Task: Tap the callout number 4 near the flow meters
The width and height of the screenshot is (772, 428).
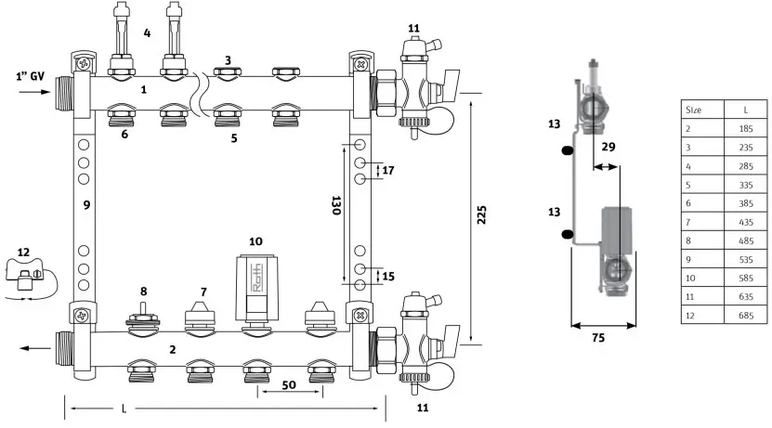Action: pos(146,33)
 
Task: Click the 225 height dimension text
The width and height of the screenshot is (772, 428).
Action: pos(481,217)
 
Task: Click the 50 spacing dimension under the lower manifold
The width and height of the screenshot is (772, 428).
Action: pos(289,383)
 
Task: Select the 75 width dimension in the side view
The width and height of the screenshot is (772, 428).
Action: pos(597,339)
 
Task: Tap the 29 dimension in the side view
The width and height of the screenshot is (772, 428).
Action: pos(608,147)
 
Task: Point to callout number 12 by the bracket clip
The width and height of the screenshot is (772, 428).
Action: pos(23,253)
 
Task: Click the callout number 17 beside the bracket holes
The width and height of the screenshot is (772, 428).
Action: pos(388,171)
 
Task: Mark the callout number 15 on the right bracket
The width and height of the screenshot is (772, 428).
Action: pos(388,276)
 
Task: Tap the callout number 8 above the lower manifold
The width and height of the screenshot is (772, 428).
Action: pos(143,292)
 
